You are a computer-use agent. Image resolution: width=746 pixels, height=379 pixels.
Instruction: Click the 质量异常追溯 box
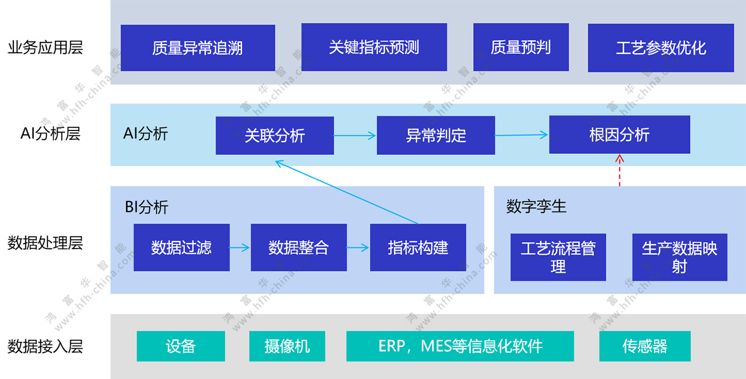(198, 48)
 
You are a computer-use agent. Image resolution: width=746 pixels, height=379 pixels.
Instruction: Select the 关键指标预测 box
(374, 47)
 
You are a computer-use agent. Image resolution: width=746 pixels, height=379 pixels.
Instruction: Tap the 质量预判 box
(521, 47)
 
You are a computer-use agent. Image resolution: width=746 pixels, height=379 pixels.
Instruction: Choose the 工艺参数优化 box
(661, 48)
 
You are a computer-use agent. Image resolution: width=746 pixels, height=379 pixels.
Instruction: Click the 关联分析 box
(274, 136)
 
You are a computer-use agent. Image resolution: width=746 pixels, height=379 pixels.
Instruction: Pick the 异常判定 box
(436, 136)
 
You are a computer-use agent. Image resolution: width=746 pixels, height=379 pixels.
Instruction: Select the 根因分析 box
(619, 135)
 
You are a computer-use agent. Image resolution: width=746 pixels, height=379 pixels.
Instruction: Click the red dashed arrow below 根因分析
(620, 170)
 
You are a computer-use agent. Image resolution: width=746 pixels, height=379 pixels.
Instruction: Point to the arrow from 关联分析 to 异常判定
(355, 136)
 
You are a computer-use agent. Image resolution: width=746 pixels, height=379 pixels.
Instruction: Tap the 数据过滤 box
(181, 248)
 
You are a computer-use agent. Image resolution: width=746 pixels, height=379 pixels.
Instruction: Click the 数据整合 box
(298, 248)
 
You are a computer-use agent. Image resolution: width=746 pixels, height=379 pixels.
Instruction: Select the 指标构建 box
(418, 248)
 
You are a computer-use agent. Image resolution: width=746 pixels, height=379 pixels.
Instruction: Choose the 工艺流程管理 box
(558, 257)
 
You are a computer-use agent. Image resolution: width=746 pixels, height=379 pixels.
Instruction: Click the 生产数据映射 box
(679, 257)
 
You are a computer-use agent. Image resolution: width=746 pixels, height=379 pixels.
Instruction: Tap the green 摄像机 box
(287, 347)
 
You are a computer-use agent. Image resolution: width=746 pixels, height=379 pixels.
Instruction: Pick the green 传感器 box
(645, 347)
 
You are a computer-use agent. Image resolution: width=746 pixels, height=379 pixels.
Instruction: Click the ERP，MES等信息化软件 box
(460, 347)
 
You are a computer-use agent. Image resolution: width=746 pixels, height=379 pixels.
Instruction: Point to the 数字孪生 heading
(536, 207)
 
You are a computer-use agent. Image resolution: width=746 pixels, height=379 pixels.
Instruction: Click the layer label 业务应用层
(45, 48)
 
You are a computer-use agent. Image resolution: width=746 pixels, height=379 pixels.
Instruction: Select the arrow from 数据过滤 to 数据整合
(240, 248)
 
